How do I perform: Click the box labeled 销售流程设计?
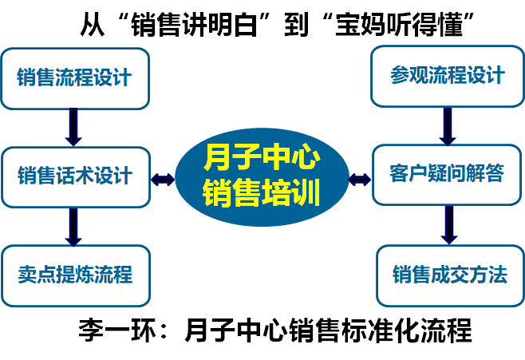point(75,78)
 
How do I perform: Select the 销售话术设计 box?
point(75,176)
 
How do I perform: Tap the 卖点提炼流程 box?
point(75,276)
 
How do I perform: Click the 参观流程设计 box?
point(447,76)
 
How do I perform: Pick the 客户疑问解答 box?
point(447,175)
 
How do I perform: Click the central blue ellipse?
point(261,177)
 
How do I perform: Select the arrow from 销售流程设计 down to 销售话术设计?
point(74,127)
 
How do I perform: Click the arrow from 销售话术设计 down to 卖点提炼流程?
point(74,227)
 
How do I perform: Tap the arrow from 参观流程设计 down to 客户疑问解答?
point(448,125)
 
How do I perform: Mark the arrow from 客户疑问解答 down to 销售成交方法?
point(448,224)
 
